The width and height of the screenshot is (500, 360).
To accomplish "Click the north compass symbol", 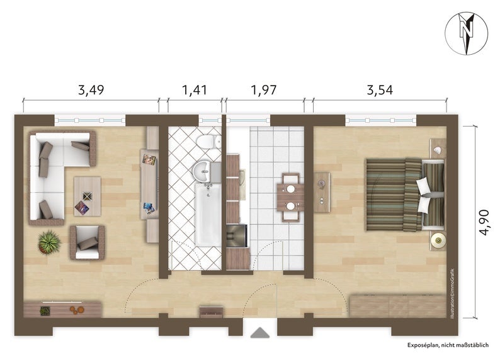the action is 466,33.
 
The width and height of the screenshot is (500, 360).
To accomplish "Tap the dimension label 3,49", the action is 91,90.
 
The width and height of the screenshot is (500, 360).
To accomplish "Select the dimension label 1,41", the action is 195,90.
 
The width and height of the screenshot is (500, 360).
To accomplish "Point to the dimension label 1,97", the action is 264,90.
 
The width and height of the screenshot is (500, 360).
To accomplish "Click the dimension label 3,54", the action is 380,90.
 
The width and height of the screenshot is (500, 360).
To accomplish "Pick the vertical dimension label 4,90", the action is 484,222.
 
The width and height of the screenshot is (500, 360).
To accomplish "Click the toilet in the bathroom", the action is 209,142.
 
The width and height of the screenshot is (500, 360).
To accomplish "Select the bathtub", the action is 208,215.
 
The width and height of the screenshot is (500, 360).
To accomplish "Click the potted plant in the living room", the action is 49,242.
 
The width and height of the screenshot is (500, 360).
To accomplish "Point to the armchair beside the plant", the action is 88,242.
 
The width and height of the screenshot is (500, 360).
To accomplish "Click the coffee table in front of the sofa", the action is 88,196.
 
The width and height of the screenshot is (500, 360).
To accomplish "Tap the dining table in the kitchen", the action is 290,197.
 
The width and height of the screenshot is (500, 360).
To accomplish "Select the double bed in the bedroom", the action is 405,194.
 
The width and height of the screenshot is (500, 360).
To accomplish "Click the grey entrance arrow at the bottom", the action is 260,332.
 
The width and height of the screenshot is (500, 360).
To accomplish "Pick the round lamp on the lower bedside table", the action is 438,240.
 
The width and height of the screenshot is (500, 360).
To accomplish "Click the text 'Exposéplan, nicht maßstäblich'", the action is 448,345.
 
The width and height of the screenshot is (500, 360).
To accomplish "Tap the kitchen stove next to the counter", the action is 237,236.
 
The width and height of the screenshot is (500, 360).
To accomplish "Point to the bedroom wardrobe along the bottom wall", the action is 398,306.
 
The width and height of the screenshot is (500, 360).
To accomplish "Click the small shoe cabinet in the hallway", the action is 211,312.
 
